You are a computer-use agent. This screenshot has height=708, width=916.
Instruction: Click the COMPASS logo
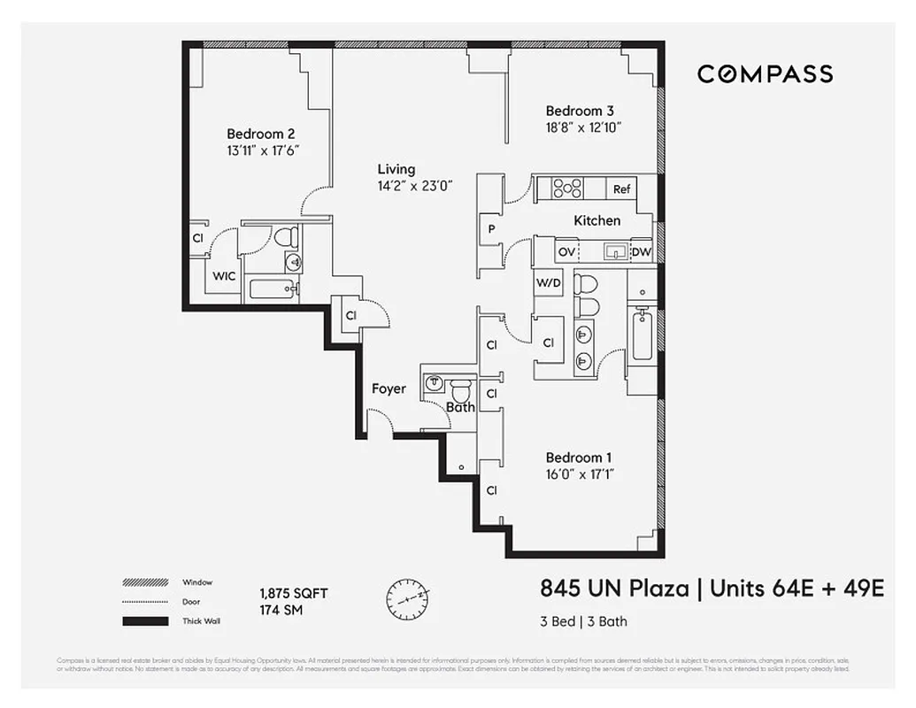(765, 74)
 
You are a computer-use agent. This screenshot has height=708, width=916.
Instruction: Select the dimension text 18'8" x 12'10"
(584, 127)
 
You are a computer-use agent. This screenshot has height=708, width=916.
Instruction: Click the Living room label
(396, 169)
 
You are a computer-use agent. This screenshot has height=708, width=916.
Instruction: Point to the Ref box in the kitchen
(622, 189)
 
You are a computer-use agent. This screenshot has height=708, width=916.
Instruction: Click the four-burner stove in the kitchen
(567, 189)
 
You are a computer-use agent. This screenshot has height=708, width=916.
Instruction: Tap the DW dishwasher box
(641, 252)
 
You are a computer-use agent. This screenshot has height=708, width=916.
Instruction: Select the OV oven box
(566, 252)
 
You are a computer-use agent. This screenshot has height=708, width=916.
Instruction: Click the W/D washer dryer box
(549, 283)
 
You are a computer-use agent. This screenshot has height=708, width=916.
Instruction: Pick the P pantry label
(489, 228)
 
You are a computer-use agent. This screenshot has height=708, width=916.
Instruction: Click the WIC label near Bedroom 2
(224, 276)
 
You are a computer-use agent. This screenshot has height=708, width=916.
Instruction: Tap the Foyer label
(389, 389)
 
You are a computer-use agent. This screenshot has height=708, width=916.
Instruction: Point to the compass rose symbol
(408, 598)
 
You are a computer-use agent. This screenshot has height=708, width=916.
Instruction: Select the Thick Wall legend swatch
(145, 621)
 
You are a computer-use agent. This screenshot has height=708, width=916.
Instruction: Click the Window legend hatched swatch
(145, 583)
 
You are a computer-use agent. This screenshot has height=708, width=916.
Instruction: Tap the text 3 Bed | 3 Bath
(583, 621)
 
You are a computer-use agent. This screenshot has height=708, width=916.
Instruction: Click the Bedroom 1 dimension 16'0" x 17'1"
(580, 474)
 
